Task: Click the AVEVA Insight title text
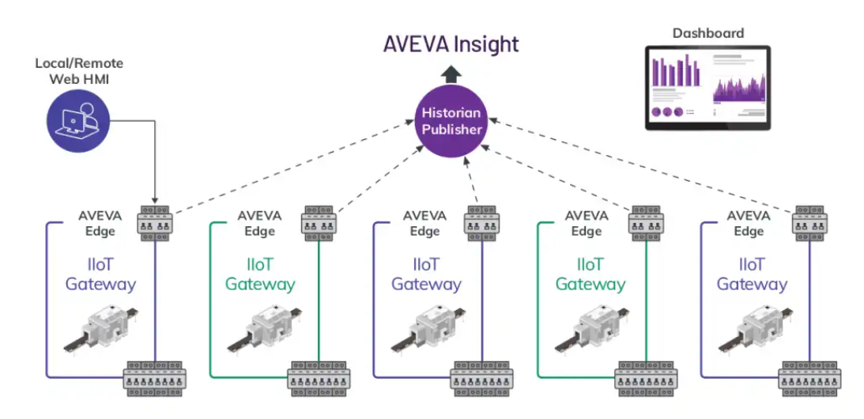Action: coord(451,43)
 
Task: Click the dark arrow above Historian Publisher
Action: coord(451,75)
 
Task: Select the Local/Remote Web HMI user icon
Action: coord(76,120)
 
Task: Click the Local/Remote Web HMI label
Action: coord(79,70)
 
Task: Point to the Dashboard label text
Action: coord(707,33)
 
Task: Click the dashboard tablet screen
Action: coord(707,87)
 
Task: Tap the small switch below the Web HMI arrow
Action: coord(155,223)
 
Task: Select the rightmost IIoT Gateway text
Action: coord(752,274)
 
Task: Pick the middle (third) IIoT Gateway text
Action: coord(426,274)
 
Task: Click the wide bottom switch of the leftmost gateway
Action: coord(155,378)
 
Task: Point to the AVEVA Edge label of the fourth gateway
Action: coord(587,223)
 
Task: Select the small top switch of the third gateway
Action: coord(481,223)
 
